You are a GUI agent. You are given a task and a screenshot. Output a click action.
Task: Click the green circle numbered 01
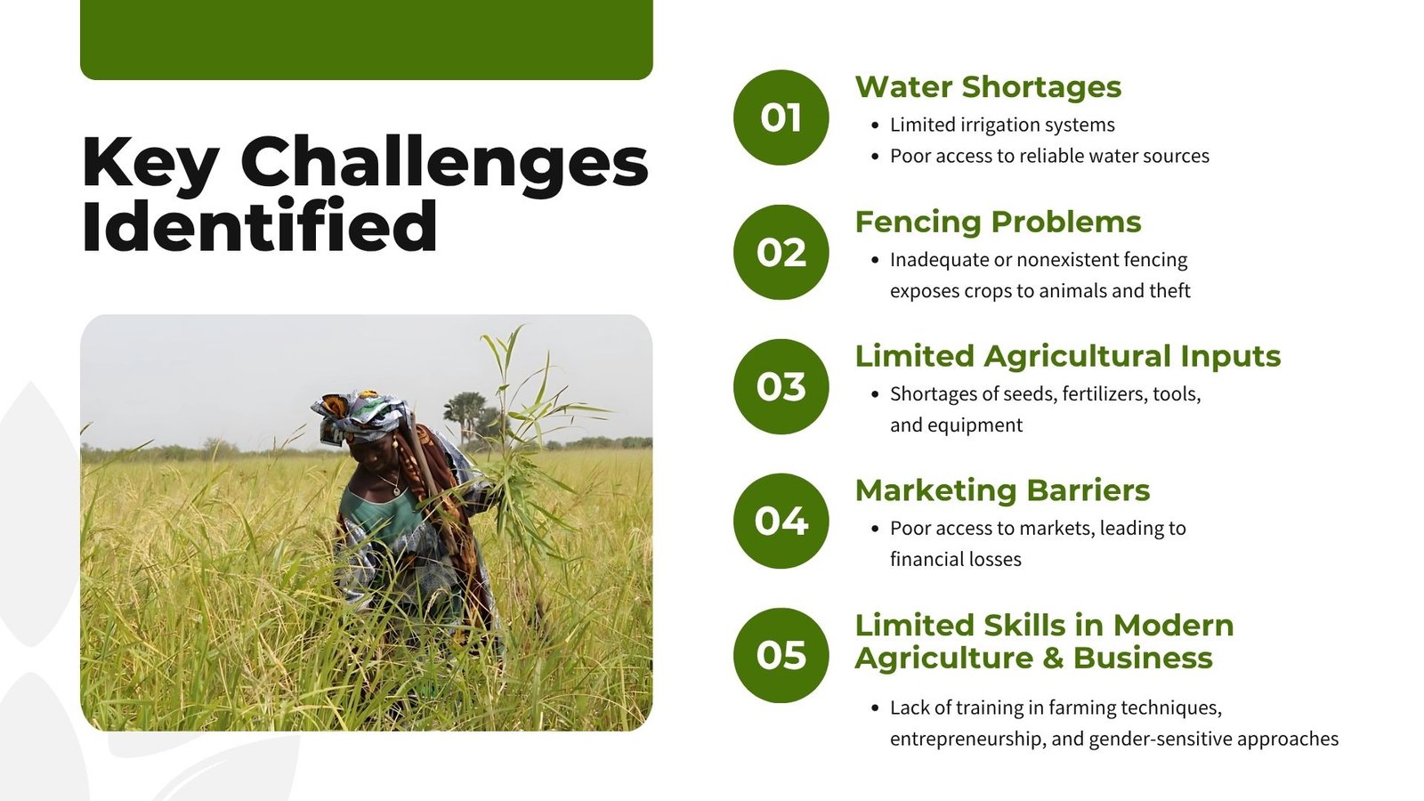(781, 117)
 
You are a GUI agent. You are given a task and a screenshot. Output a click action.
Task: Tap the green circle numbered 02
(781, 253)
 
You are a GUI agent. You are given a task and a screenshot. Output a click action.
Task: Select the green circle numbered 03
(781, 386)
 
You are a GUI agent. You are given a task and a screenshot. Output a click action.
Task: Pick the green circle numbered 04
(781, 521)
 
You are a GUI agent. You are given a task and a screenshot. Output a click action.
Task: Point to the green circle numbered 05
(781, 655)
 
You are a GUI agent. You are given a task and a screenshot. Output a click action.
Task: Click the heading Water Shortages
(988, 87)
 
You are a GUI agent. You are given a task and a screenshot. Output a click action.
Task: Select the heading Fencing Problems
(998, 222)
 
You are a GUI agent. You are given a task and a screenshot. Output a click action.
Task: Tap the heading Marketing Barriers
(1002, 490)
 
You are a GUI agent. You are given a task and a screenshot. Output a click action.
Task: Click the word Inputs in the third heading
(1230, 357)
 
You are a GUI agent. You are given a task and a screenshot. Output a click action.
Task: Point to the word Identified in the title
(260, 226)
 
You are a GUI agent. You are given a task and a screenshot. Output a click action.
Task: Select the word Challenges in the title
(444, 164)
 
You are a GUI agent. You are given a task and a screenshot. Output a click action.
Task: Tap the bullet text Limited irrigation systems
(1002, 125)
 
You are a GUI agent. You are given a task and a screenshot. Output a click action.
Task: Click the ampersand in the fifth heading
(1053, 658)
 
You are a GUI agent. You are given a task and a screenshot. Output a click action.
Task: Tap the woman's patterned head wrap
(360, 415)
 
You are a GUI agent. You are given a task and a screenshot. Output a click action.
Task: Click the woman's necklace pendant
(397, 491)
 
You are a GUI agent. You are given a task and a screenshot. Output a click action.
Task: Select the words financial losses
(956, 559)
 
